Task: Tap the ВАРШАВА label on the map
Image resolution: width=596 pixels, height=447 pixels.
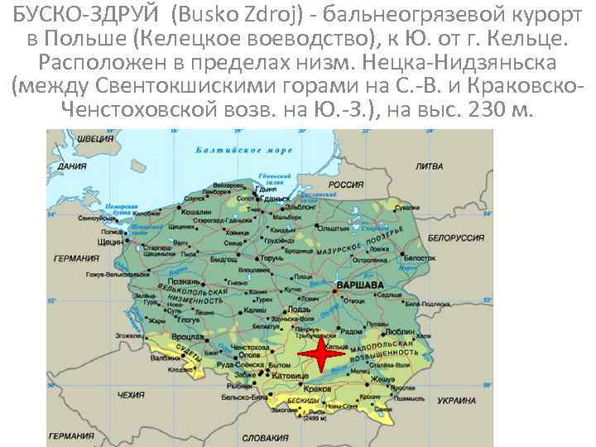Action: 358,285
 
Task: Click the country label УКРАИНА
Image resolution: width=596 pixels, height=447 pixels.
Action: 455,400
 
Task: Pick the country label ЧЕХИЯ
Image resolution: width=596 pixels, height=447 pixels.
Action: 131,397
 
